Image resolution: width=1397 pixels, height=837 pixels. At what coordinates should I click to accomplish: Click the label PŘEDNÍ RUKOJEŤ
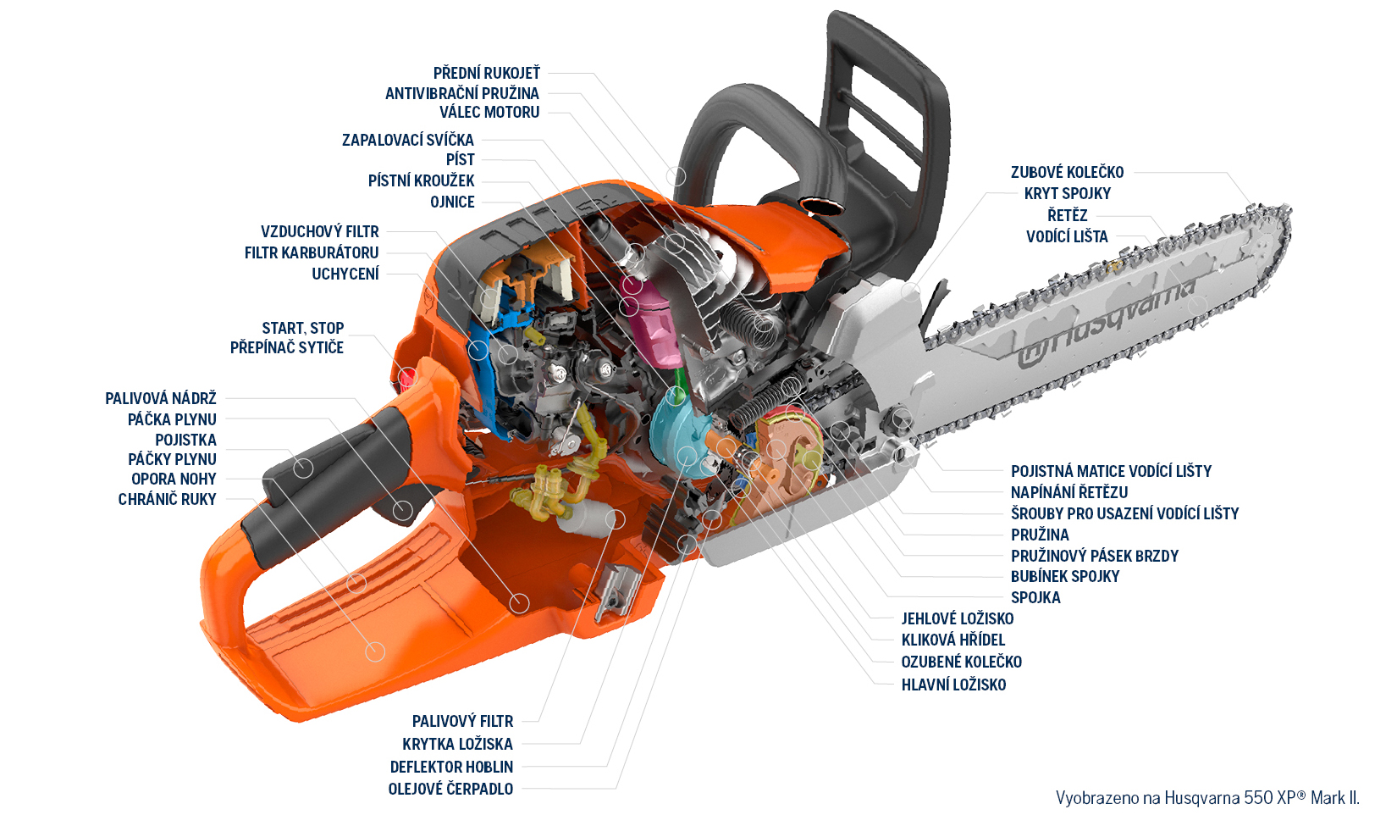click(486, 73)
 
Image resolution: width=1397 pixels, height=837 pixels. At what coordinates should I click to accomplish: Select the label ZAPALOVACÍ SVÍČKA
click(407, 140)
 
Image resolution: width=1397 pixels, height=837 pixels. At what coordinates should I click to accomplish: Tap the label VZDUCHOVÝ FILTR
click(319, 231)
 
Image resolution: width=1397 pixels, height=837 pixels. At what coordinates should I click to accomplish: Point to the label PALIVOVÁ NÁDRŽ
click(160, 398)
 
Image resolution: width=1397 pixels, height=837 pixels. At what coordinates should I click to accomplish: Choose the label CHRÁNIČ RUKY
click(167, 499)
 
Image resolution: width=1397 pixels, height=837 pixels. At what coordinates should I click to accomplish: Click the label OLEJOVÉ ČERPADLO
click(450, 789)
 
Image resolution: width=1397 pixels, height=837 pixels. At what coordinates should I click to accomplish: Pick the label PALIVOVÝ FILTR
click(462, 721)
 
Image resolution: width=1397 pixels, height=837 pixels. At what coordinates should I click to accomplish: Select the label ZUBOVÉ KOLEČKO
click(1067, 172)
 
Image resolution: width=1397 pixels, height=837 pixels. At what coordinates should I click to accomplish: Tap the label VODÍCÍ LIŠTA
click(1067, 236)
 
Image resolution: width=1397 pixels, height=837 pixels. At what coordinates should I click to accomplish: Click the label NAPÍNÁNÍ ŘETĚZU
click(1068, 492)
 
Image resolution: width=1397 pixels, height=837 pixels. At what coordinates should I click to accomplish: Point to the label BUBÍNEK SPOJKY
click(1064, 576)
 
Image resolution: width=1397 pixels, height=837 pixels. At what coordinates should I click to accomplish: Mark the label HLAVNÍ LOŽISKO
click(953, 685)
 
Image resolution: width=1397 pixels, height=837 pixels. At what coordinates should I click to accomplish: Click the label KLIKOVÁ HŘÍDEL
click(952, 640)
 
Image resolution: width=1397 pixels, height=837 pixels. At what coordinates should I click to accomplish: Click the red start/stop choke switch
click(408, 375)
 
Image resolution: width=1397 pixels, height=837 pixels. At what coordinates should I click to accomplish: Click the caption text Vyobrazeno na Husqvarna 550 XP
click(1206, 798)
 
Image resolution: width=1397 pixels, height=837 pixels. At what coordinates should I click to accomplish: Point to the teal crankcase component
click(677, 432)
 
